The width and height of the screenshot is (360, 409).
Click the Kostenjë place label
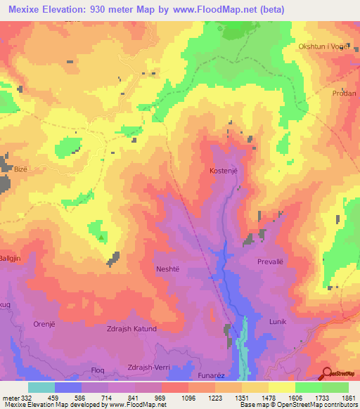pyautogui.click(x=224, y=171)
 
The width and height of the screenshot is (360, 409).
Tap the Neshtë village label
pyautogui.click(x=169, y=268)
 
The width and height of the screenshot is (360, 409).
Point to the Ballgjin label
pyautogui.click(x=14, y=257)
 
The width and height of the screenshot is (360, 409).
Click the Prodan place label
pyautogui.click(x=345, y=93)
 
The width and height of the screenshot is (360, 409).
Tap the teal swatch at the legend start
pyautogui.click(x=41, y=387)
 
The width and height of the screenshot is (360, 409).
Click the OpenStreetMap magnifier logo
pyautogui.click(x=327, y=373)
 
